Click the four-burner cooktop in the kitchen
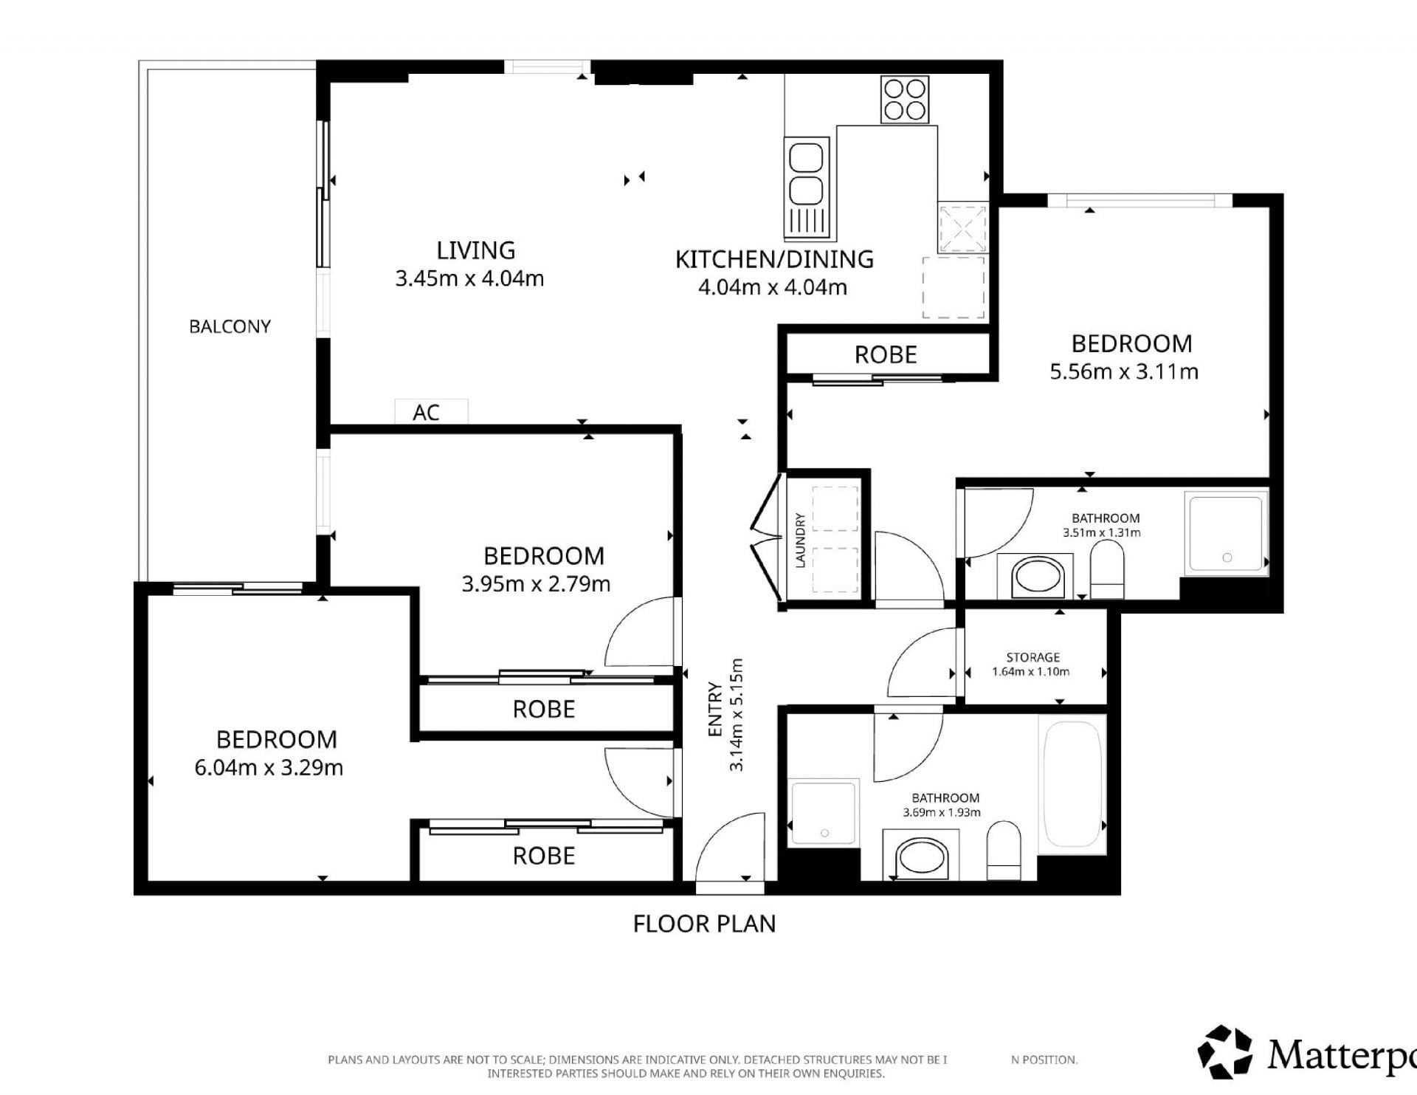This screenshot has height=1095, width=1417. tap(905, 100)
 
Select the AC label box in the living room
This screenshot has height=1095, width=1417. tap(431, 411)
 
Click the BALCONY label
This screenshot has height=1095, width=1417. tap(230, 326)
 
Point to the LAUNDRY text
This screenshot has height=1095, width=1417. tap(799, 540)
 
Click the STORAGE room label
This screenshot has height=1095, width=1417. tap(1032, 657)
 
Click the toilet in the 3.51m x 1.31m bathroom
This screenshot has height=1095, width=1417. tap(1106, 569)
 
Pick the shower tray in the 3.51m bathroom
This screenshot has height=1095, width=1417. tap(1226, 532)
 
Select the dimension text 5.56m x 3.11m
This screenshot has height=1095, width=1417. tap(1124, 371)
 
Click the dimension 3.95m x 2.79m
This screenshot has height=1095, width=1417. tap(536, 584)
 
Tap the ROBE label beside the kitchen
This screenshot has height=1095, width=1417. tap(886, 355)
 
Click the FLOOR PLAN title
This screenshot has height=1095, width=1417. tap(705, 924)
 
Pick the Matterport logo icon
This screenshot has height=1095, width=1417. tap(1225, 1051)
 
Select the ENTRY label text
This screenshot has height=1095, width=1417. tap(715, 709)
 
